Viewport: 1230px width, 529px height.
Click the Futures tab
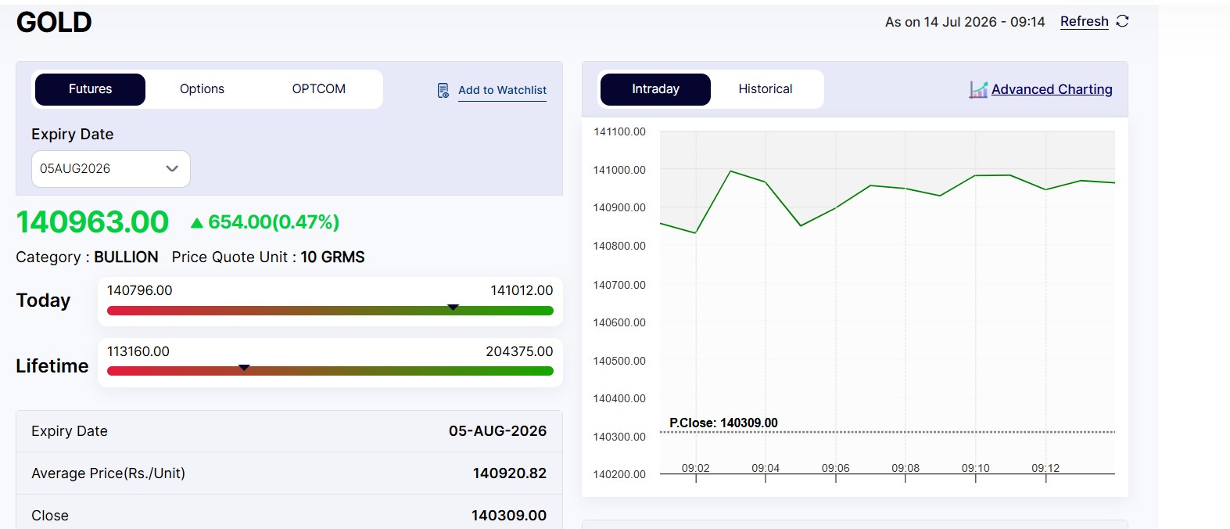[90, 89]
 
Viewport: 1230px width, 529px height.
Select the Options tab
[202, 89]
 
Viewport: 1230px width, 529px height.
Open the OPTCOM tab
[318, 89]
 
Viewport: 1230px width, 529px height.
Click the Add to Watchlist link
[502, 90]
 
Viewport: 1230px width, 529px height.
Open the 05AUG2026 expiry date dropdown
[111, 169]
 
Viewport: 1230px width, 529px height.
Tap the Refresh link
[1084, 21]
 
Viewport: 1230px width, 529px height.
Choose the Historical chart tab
[765, 89]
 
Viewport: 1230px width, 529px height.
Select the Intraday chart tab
[655, 89]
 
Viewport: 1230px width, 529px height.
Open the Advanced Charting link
[1052, 89]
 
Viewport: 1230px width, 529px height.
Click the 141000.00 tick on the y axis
[619, 171]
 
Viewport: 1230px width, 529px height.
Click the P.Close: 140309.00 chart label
[723, 423]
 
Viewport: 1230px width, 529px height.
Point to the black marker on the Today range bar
[453, 307]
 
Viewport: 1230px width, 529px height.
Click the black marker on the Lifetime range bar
[244, 368]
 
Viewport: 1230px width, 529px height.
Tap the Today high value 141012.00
[521, 290]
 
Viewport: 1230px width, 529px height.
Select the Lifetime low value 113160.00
[138, 351]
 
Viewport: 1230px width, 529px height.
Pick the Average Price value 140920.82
[509, 473]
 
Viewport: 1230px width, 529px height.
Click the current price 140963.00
[92, 222]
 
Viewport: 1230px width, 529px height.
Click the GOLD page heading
[54, 23]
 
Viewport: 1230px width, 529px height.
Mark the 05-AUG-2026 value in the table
[497, 431]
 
